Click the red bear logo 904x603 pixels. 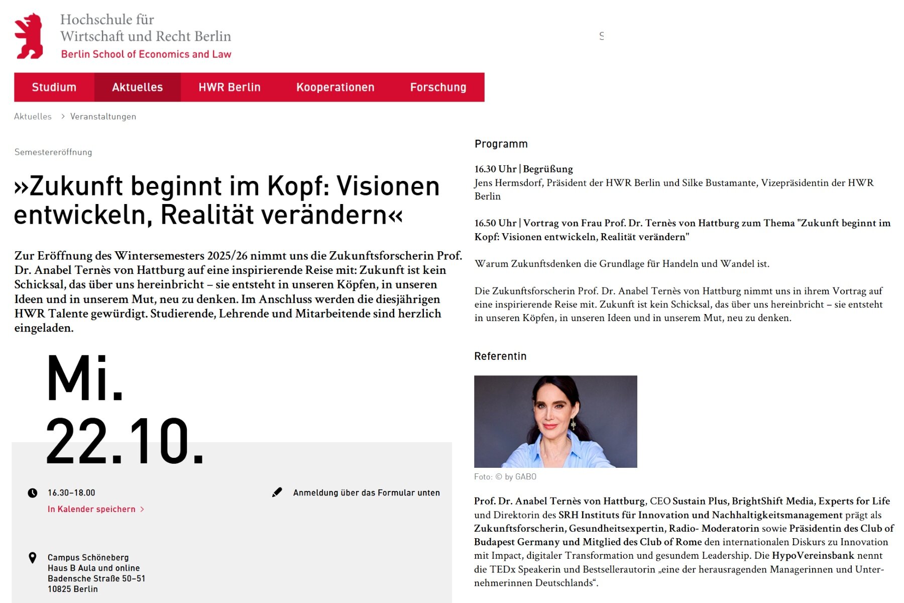coord(29,36)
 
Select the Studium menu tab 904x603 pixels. coord(54,87)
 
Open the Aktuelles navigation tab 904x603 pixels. coord(137,87)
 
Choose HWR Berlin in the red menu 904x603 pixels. coord(230,87)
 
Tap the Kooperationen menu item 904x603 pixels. coord(335,87)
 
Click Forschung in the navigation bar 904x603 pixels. coord(438,87)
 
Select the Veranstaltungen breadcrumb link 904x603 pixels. coord(103,117)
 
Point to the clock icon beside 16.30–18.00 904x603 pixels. coord(33,493)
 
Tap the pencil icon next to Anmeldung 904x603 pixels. coord(277,492)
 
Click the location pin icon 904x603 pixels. coord(33,558)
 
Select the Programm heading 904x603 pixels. coord(501,144)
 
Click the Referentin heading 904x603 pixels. coord(500,356)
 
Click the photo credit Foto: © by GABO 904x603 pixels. coord(505,477)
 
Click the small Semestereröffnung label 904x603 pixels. coord(53,152)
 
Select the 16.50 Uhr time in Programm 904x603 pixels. coord(495,223)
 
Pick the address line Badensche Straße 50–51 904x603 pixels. coord(96,578)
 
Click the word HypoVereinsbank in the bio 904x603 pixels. coord(813,555)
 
